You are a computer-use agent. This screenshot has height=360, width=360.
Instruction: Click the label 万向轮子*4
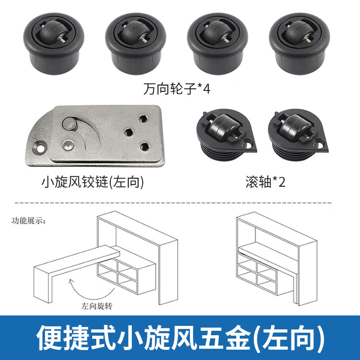tap(177, 88)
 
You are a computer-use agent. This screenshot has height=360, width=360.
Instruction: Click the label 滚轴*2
tap(265, 182)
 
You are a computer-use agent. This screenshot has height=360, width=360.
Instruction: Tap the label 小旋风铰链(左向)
tap(92, 182)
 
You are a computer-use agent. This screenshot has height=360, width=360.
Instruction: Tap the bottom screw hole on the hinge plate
tap(144, 146)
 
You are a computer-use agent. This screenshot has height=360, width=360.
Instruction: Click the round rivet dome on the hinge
tap(67, 144)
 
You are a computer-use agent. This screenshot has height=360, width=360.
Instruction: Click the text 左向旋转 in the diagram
tap(97, 306)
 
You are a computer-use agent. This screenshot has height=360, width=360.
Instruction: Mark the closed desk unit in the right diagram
tap(274, 261)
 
